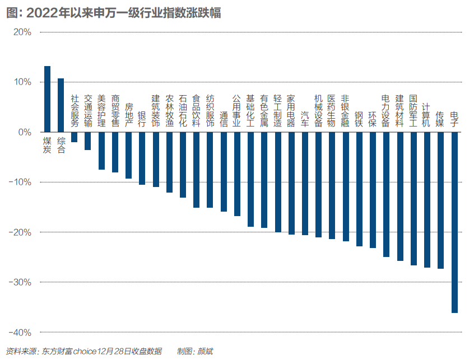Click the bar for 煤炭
coord(47,99)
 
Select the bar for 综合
coord(61,105)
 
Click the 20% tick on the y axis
coord(22,32)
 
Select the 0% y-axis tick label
coord(24,132)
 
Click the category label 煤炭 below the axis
coord(48,144)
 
